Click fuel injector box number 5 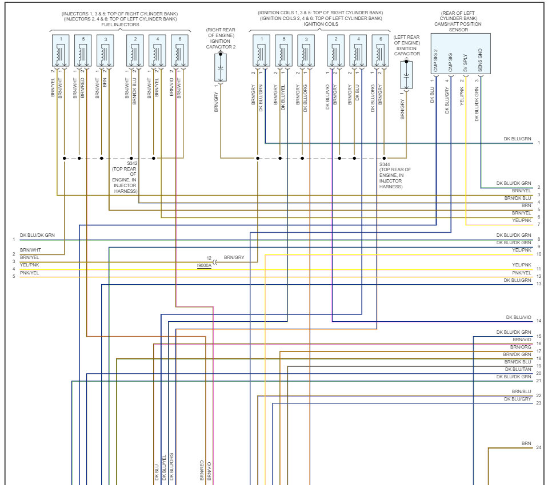tap(83, 51)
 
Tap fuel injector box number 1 tap(60, 51)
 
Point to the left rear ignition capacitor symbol tap(406, 75)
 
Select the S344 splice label tap(385, 164)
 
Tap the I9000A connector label tap(204, 265)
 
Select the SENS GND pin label tap(480, 60)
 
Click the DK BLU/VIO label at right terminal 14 tap(518, 317)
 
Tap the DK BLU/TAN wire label tap(518, 369)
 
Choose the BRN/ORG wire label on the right tap(521, 347)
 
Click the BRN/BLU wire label tap(521, 391)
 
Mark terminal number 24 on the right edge tap(538, 448)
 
